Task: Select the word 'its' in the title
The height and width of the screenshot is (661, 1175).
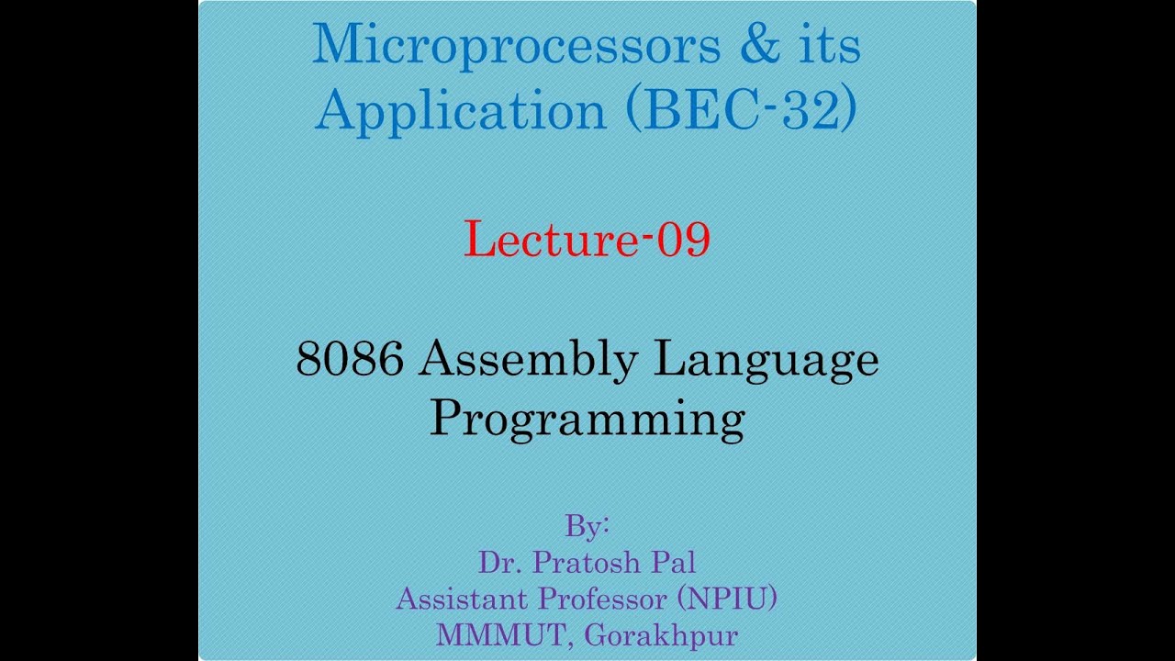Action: pos(825,46)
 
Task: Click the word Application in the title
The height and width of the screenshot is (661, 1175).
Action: pos(461,110)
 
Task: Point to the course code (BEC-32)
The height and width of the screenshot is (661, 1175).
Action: pos(742,110)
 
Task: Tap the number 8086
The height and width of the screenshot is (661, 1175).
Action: pos(350,359)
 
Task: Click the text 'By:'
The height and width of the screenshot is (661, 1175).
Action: pos(587,527)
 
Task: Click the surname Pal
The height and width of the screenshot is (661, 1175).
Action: pos(675,562)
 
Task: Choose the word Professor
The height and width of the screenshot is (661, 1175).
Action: pos(604,599)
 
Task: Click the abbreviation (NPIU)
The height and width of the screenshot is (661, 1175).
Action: pos(728,599)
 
